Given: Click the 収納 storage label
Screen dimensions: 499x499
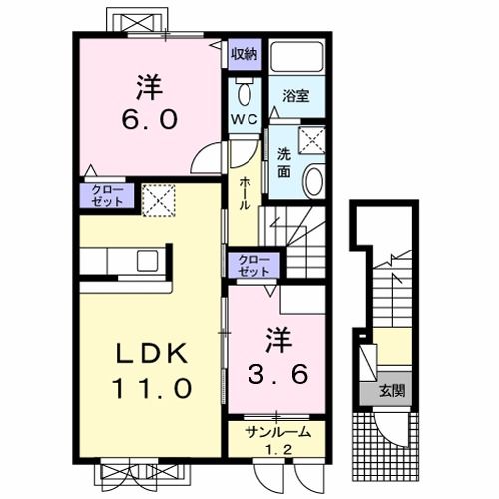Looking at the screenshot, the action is (x=245, y=54).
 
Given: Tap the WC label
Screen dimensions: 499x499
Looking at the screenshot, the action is (x=245, y=119).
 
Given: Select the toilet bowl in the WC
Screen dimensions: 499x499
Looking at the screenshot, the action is (x=245, y=94).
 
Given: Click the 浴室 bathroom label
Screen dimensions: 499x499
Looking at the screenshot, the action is (x=296, y=96).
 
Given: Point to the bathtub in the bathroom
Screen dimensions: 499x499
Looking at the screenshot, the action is (x=297, y=56).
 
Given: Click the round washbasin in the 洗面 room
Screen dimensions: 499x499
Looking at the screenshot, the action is (x=314, y=182).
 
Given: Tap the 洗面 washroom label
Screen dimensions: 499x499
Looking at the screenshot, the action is (x=284, y=163).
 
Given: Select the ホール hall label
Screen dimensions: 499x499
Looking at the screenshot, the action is (x=245, y=193).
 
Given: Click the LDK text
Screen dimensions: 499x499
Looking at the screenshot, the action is (x=151, y=355).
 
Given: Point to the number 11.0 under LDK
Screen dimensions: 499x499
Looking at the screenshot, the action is (x=152, y=388).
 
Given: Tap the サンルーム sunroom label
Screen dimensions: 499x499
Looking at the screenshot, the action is (x=278, y=432).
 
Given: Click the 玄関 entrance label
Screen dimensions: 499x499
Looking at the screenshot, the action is (x=392, y=391).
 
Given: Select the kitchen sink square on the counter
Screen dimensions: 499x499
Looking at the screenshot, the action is (x=147, y=260).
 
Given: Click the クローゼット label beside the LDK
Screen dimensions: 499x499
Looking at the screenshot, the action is (x=107, y=195).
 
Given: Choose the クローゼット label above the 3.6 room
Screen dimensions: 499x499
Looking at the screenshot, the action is (x=253, y=267).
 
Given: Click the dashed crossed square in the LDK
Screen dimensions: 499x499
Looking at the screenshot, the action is (x=159, y=201).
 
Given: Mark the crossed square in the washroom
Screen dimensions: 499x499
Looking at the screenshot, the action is (x=312, y=140).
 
